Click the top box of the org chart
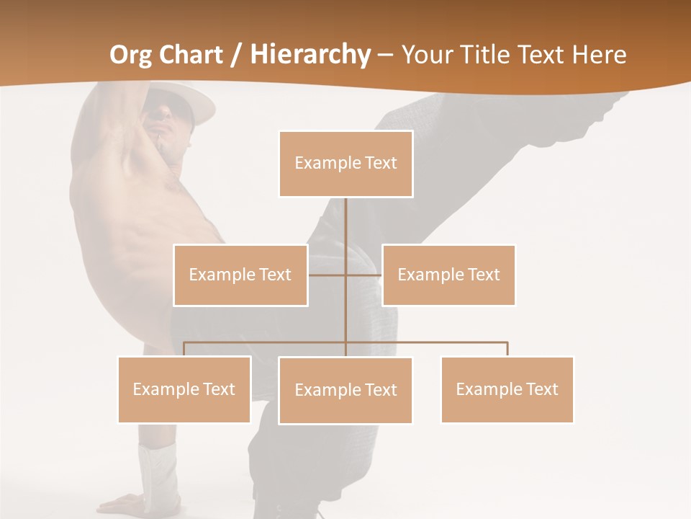point(345,164)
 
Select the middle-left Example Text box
point(240,275)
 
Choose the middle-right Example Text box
point(448,275)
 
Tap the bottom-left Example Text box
point(184,389)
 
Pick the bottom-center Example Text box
point(345,390)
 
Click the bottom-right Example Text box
point(507,389)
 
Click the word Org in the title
point(130,55)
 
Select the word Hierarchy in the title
point(310,55)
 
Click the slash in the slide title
point(235,55)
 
